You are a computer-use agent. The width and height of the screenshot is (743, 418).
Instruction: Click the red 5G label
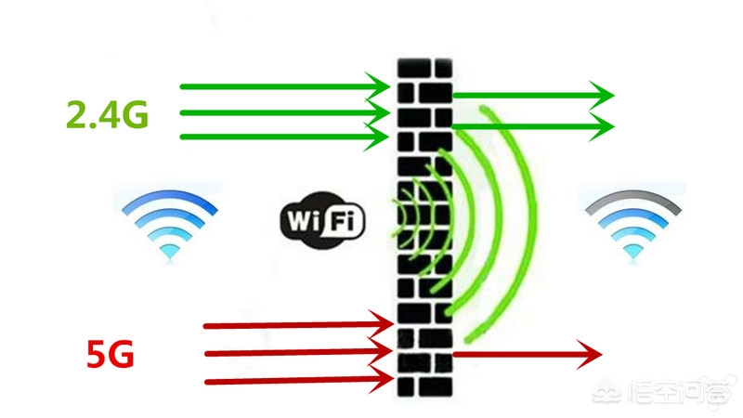(111, 355)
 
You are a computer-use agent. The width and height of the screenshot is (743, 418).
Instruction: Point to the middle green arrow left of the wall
(279, 113)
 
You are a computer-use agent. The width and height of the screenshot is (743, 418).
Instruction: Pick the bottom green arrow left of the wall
(279, 137)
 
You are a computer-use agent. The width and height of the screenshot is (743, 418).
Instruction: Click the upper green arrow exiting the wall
(529, 95)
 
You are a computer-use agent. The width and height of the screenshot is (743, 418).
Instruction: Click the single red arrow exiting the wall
(520, 353)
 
